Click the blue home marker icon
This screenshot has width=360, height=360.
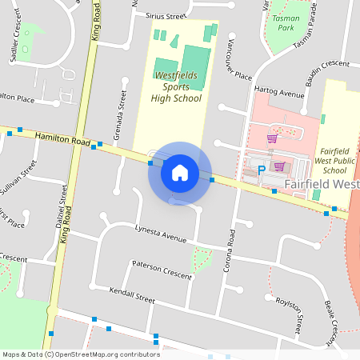click(x=180, y=172)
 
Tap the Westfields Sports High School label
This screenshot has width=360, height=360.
click(x=177, y=86)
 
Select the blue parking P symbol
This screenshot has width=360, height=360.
click(x=261, y=170)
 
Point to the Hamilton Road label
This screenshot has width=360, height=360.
click(x=63, y=140)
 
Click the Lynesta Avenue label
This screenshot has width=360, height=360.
click(x=161, y=233)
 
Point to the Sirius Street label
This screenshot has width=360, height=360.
click(x=166, y=15)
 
